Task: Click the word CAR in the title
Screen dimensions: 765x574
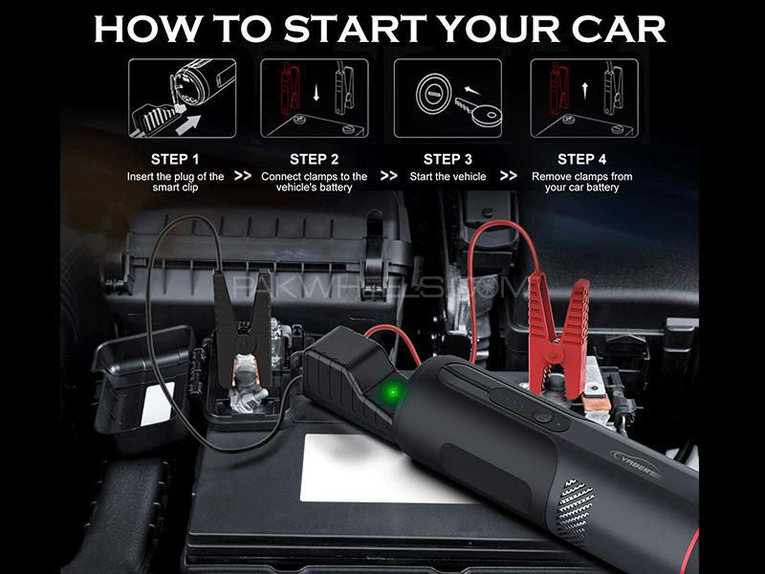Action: click(x=618, y=29)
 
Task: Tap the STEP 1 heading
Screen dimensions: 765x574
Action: click(x=175, y=159)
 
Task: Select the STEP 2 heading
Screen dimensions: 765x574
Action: click(x=315, y=159)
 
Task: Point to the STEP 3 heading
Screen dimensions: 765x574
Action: click(x=448, y=159)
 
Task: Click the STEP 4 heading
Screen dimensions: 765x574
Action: click(x=582, y=159)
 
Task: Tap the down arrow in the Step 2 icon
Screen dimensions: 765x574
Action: click(x=317, y=92)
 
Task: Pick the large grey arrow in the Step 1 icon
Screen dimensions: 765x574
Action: click(x=188, y=124)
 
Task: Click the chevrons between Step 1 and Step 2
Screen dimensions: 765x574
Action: click(x=243, y=176)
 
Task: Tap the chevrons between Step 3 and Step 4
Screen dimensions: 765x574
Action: click(x=509, y=176)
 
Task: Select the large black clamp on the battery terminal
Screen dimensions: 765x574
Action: click(x=243, y=328)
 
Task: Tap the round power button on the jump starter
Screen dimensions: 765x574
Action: click(x=542, y=417)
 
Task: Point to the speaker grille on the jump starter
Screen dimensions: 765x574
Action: click(x=576, y=512)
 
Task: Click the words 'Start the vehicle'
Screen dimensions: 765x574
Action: click(x=448, y=177)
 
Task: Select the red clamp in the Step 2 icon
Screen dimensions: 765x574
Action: click(x=291, y=88)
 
